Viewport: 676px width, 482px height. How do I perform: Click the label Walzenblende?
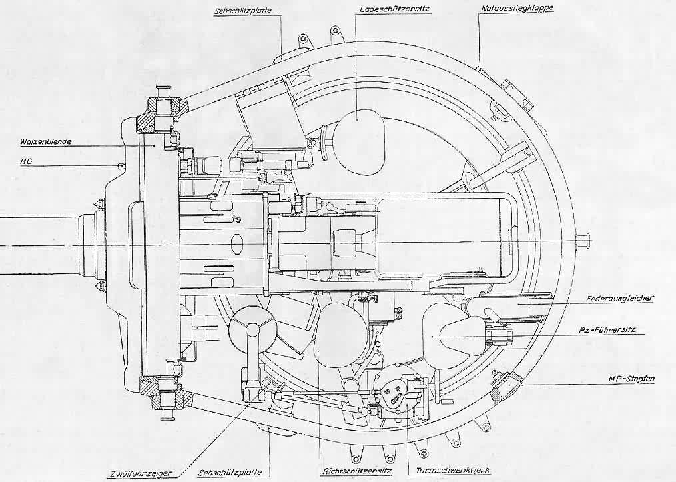pos(45,141)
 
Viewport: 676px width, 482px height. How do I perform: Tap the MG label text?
pos(26,161)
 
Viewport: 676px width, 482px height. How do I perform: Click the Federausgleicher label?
pos(620,298)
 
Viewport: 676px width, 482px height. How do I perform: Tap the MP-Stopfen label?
pos(631,379)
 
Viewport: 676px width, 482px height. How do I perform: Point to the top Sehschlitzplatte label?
pos(243,11)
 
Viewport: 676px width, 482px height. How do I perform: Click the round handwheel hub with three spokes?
pos(253,330)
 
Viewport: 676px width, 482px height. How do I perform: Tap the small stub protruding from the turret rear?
pos(583,240)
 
